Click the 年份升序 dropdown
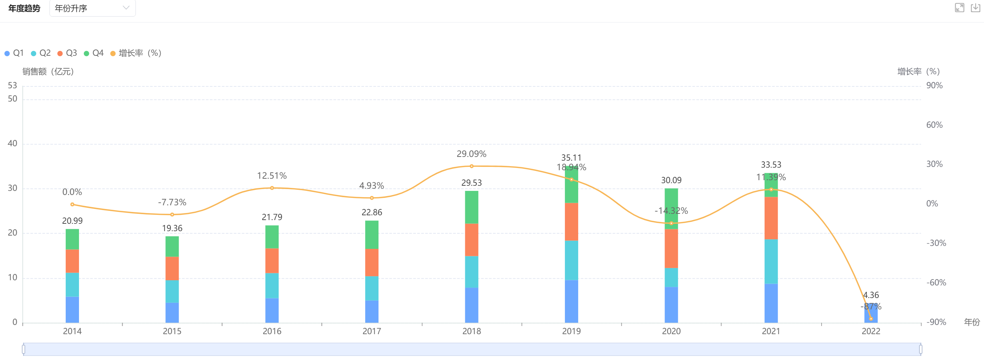click(x=92, y=8)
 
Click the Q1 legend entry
click(x=14, y=53)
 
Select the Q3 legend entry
click(x=68, y=53)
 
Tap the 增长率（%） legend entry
click(x=136, y=53)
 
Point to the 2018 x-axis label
click(x=472, y=331)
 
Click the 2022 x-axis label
click(x=871, y=331)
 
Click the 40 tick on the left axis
click(x=13, y=143)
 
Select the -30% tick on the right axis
click(x=936, y=243)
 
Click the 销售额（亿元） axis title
click(x=48, y=72)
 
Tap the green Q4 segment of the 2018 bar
click(x=472, y=207)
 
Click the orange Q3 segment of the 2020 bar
click(x=671, y=248)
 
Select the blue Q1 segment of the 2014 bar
click(x=72, y=309)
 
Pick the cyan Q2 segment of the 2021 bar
click(x=771, y=261)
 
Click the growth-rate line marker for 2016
click(x=272, y=188)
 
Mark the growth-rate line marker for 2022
click(x=871, y=319)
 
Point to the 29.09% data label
click(x=472, y=154)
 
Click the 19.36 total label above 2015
click(x=172, y=228)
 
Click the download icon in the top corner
click(x=975, y=8)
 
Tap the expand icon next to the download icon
click(x=959, y=8)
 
